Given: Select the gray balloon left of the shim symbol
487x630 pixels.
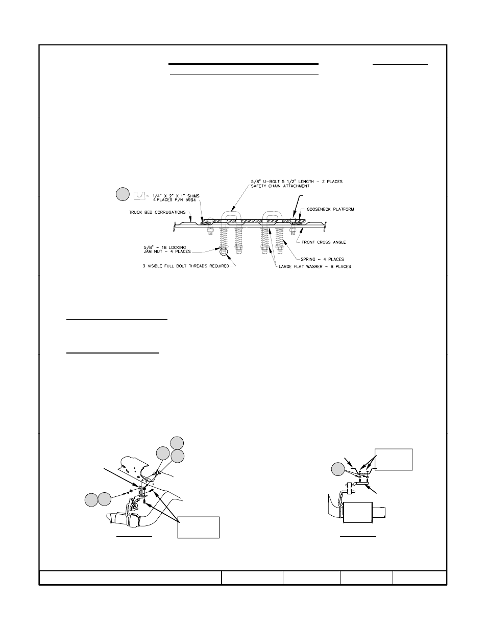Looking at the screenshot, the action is click(x=123, y=194).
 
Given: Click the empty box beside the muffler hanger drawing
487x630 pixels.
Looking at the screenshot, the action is click(x=394, y=459).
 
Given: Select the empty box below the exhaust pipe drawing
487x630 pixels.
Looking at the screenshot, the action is click(x=198, y=527).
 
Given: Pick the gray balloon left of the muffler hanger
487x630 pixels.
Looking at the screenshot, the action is click(x=337, y=469).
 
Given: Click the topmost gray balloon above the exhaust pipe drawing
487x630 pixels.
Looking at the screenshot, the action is click(x=177, y=443).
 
